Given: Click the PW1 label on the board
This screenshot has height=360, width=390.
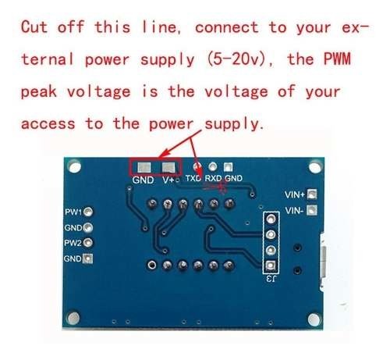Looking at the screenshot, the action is pyautogui.click(x=73, y=212).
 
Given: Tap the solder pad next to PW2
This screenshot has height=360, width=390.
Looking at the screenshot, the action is pyautogui.click(x=88, y=243).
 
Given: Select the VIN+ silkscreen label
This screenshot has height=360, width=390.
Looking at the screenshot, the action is pyautogui.click(x=295, y=194).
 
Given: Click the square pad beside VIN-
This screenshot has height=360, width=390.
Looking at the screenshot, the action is pyautogui.click(x=312, y=210).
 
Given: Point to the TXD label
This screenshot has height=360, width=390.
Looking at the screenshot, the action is pyautogui.click(x=193, y=178).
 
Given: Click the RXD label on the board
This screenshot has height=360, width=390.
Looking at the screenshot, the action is pyautogui.click(x=213, y=178).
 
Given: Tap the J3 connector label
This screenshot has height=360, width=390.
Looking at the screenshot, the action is pyautogui.click(x=271, y=279).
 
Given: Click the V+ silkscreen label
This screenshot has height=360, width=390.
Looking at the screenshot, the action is pyautogui.click(x=168, y=180).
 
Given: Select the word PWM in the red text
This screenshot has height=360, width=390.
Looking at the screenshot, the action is pyautogui.click(x=337, y=59).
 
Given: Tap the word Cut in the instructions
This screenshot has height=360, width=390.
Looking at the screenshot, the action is pyautogui.click(x=34, y=27).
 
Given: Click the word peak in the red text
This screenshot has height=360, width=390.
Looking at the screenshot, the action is pyautogui.click(x=38, y=92).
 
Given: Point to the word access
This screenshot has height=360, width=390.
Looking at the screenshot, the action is pyautogui.click(x=48, y=123).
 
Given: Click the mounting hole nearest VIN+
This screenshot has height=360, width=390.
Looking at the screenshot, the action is pyautogui.click(x=315, y=167).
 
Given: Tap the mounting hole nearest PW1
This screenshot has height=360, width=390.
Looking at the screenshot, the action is pyautogui.click(x=75, y=167).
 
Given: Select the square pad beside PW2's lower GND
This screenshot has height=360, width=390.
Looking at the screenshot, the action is pyautogui.click(x=87, y=258).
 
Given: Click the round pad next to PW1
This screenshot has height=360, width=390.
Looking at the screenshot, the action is pyautogui.click(x=88, y=212).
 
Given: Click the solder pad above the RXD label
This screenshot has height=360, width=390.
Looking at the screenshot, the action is pyautogui.click(x=213, y=166).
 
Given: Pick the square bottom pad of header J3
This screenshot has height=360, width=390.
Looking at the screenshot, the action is pyautogui.click(x=271, y=266).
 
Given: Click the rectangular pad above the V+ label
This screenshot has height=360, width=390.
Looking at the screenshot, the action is pyautogui.click(x=168, y=168).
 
